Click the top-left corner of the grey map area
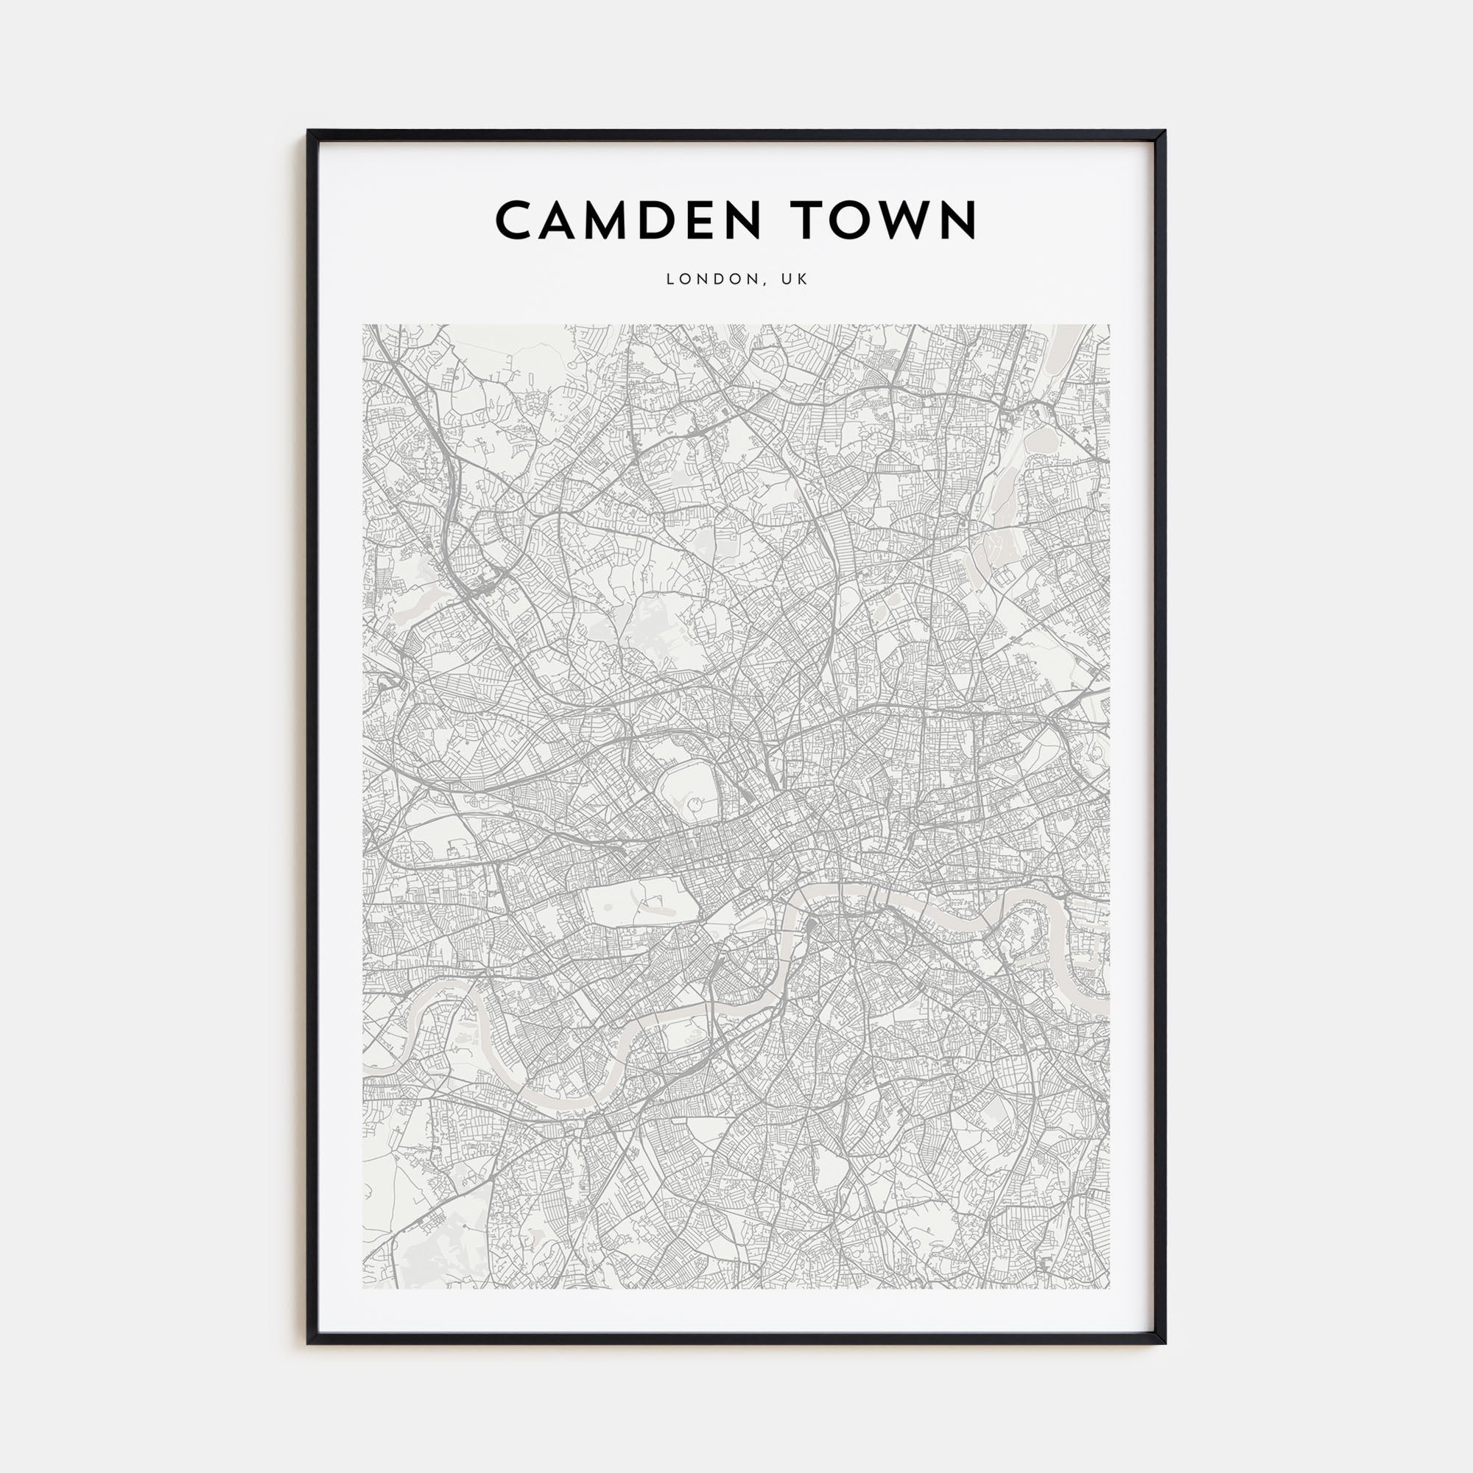365,326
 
